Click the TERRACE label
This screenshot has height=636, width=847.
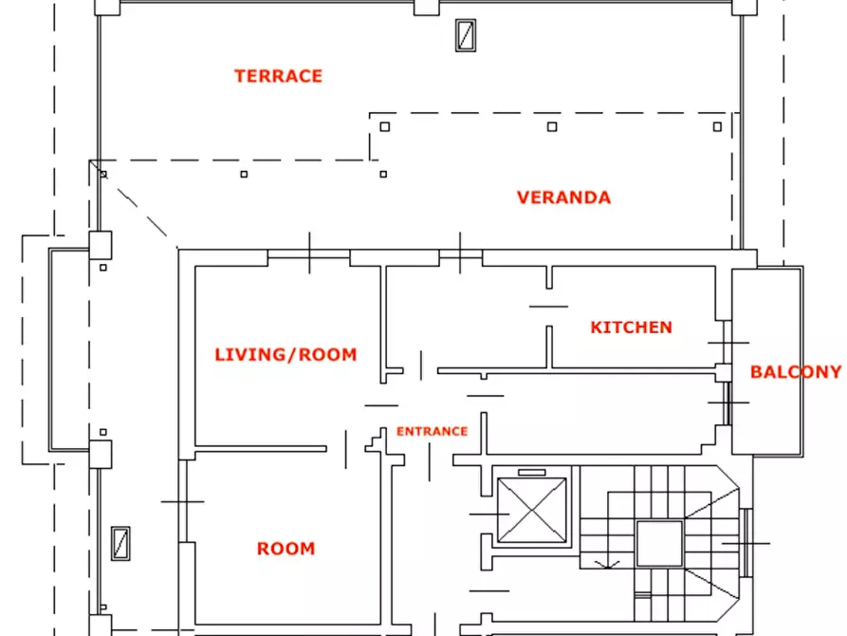[278, 76]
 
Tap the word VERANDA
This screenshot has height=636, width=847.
[564, 197]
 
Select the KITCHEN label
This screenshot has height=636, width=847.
[631, 327]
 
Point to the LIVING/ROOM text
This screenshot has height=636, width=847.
[285, 355]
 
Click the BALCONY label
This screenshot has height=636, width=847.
[796, 372]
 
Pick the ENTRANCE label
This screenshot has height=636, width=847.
[433, 432]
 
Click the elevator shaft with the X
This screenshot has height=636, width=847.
[532, 510]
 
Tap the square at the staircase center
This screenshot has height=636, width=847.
[659, 544]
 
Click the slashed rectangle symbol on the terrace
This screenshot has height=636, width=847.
[466, 36]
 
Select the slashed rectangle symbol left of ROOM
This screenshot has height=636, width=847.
[120, 544]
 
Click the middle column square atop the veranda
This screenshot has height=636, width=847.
[552, 126]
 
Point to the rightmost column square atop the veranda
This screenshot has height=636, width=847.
[717, 126]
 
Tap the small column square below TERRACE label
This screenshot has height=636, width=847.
[244, 174]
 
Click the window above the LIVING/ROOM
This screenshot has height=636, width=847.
[309, 254]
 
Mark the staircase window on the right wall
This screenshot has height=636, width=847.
[746, 543]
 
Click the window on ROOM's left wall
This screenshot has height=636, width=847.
[182, 501]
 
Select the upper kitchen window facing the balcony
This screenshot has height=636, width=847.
[727, 343]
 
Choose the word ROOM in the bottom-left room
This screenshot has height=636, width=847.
[285, 549]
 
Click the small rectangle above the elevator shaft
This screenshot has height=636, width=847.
[532, 473]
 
